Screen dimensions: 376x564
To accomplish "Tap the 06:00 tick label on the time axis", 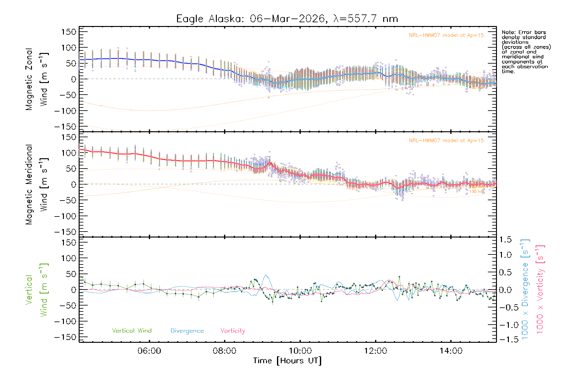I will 149,351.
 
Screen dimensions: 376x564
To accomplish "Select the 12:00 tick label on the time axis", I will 375,351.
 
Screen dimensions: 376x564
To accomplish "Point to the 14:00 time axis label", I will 451,351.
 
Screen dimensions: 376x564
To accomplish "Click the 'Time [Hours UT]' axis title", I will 287,361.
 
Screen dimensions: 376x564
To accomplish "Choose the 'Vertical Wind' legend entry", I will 132,331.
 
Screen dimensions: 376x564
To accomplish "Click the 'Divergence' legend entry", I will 187,331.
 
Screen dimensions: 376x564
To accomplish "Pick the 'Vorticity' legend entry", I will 232,331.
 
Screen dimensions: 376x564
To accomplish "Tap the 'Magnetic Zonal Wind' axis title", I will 37,79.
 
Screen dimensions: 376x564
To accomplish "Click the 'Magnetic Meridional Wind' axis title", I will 37,185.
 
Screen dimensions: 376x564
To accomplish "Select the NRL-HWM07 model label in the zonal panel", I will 446,35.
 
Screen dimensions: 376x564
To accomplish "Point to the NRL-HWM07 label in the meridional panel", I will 446,140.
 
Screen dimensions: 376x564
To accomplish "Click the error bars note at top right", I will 526,52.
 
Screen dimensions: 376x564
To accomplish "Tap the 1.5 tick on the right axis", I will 505,240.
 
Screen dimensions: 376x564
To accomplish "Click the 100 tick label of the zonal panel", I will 69,48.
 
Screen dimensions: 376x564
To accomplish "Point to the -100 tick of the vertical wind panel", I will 65,321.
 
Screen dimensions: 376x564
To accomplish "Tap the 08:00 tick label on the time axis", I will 224,351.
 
